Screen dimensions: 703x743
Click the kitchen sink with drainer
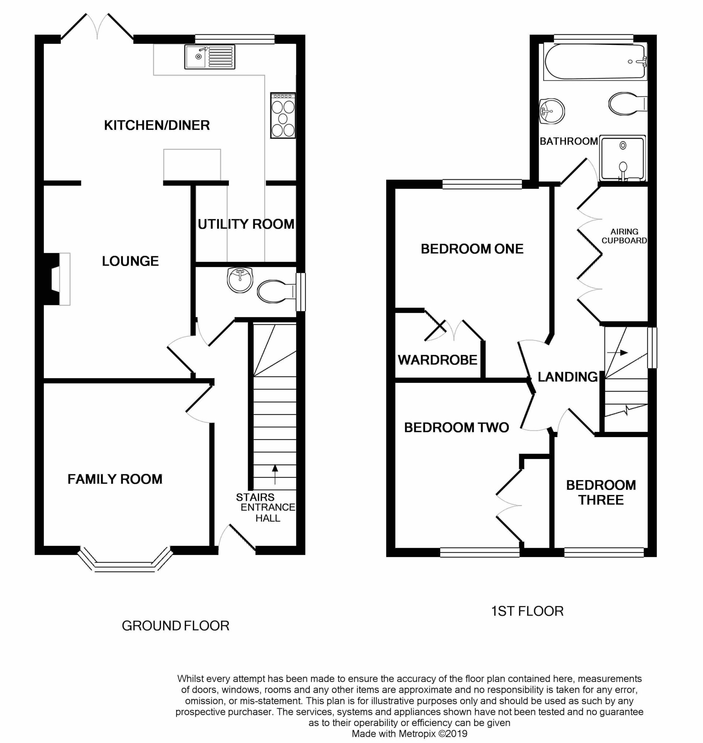click(209, 57)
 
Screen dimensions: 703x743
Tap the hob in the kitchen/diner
click(283, 116)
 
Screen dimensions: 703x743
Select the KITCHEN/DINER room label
click(157, 125)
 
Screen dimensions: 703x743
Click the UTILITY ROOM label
click(246, 224)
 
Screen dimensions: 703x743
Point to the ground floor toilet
click(276, 291)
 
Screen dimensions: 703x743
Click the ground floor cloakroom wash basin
click(240, 280)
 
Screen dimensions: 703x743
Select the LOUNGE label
click(130, 261)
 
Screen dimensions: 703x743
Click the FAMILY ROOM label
click(115, 479)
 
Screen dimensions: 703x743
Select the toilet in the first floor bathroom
click(628, 103)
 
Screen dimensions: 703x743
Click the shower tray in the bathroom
click(623, 158)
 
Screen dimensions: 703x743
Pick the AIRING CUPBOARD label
click(624, 236)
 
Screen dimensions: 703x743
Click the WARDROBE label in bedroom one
click(437, 360)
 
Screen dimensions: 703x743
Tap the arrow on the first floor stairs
click(617, 353)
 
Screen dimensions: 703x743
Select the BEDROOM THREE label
click(601, 492)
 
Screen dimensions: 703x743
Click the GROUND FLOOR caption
click(175, 626)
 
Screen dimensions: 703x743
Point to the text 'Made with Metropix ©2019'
click(410, 733)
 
